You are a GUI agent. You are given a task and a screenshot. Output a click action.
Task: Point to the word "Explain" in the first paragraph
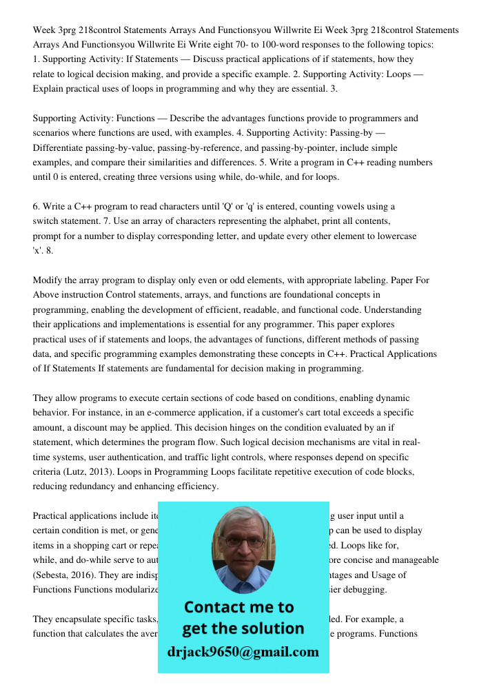point(50,89)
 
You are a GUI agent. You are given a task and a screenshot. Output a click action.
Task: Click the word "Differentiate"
point(63,148)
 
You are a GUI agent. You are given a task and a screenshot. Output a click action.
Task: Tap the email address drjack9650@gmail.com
point(243,652)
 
